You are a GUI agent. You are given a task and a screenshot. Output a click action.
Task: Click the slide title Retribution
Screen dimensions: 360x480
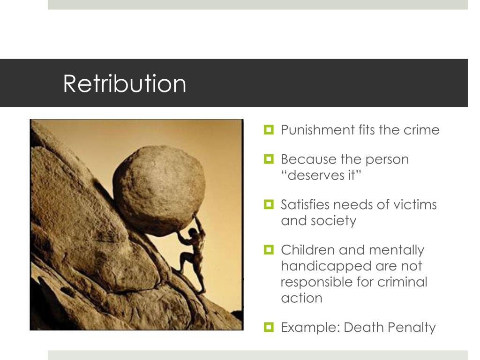point(125,84)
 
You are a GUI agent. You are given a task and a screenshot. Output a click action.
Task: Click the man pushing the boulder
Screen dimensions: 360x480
point(192,253)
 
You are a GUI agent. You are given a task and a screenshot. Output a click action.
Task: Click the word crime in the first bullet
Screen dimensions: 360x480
point(421,130)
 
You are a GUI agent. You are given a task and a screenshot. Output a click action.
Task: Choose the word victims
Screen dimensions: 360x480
point(418,205)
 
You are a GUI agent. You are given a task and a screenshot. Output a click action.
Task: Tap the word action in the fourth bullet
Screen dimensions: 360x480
point(301,298)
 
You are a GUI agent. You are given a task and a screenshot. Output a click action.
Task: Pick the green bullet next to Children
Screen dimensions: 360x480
point(269,249)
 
